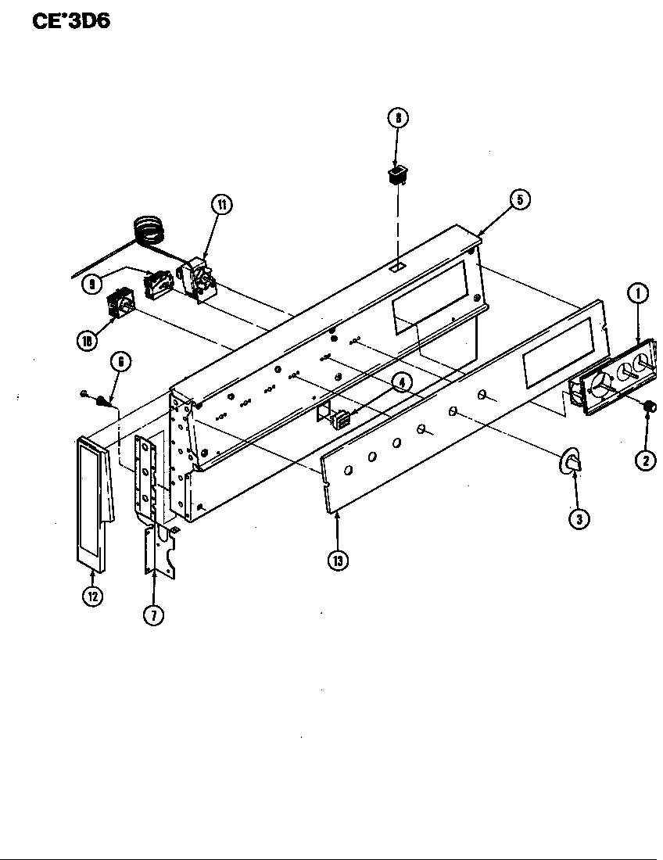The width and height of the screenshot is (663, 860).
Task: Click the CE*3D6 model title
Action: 70,22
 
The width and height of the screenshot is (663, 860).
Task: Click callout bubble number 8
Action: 398,119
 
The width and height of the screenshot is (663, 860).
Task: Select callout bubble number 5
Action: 518,200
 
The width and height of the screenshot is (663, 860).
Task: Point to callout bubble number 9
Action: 94,284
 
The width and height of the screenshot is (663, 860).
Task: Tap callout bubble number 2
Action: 645,460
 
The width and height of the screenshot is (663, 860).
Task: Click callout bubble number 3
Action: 578,518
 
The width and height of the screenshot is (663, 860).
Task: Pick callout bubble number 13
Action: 338,561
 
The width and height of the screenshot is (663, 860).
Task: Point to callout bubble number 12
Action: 93,596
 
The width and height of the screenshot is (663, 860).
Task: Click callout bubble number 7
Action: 153,615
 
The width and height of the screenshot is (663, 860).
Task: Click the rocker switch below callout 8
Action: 397,174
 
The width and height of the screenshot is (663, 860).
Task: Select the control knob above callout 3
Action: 572,462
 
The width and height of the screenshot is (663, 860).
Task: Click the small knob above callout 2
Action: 648,407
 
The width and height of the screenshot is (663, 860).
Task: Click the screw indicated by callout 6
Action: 101,401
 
